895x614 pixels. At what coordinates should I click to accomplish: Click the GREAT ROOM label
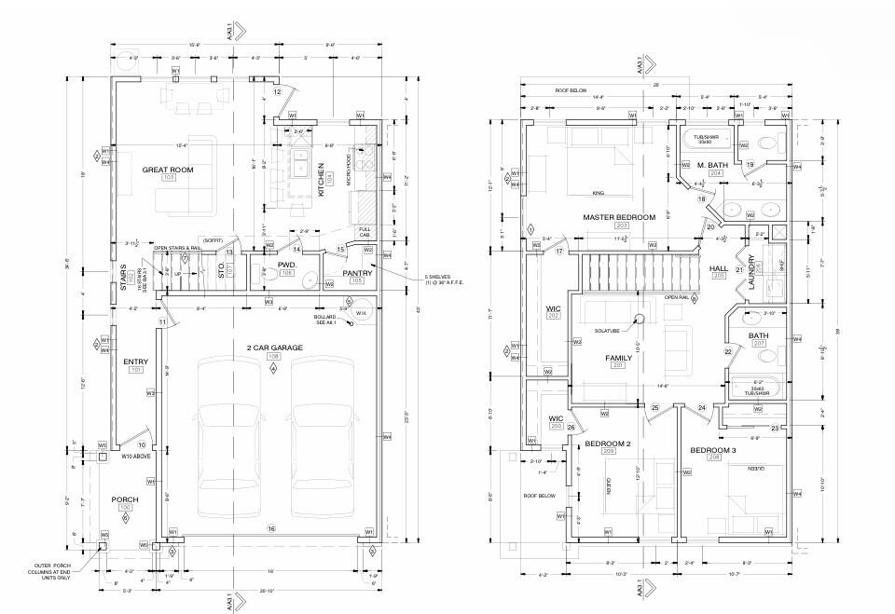click(168, 170)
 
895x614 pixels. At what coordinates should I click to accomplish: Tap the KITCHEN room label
click(320, 177)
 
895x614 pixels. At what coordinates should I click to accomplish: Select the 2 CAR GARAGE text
click(273, 348)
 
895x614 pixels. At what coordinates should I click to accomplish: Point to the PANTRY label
click(356, 274)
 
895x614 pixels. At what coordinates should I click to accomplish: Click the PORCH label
click(124, 499)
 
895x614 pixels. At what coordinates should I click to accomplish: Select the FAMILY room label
click(618, 357)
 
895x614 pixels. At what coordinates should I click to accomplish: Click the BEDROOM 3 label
click(713, 450)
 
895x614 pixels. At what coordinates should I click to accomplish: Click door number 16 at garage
click(271, 528)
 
